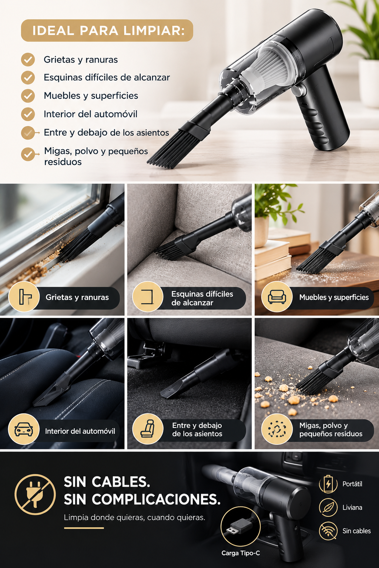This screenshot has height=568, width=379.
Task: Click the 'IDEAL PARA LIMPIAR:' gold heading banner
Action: (x=107, y=30)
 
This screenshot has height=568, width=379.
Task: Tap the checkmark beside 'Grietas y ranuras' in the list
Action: (x=28, y=60)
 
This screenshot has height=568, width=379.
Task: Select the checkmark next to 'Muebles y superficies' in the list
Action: (x=28, y=96)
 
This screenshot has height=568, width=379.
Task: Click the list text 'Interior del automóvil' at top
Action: (x=90, y=114)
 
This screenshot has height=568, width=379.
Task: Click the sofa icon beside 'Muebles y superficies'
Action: (x=277, y=297)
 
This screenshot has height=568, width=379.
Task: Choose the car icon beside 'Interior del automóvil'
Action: (x=24, y=430)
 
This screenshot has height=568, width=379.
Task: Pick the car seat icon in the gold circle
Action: (x=148, y=429)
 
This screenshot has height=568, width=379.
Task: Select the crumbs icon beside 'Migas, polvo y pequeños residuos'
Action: (x=277, y=429)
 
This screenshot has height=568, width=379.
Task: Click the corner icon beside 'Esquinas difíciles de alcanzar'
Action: (x=148, y=297)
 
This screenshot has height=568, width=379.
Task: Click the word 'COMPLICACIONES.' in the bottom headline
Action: (x=156, y=499)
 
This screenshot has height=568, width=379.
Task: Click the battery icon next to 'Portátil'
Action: (x=328, y=484)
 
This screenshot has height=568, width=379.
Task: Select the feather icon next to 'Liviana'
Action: (x=328, y=507)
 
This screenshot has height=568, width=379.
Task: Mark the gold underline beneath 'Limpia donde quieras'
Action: (x=84, y=528)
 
